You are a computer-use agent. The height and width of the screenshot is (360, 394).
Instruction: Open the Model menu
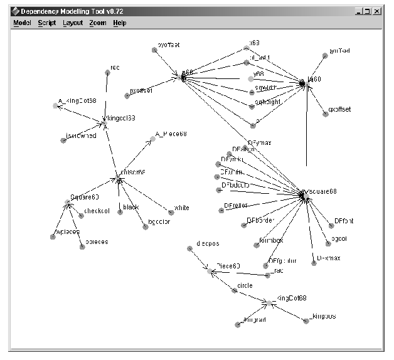pyautogui.click(x=22, y=23)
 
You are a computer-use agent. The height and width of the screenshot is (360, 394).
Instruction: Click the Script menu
pyautogui.click(x=46, y=23)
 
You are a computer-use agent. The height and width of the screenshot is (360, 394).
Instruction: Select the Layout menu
pyautogui.click(x=73, y=23)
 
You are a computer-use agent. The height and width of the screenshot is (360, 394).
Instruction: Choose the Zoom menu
pyautogui.click(x=97, y=23)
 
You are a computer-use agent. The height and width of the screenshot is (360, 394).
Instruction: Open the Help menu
pyautogui.click(x=119, y=23)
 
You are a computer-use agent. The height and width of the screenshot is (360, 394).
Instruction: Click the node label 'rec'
pyautogui.click(x=115, y=67)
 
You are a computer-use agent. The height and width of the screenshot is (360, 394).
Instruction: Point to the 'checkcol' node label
pyautogui.click(x=97, y=211)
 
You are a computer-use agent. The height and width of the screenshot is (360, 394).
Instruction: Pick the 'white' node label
pyautogui.click(x=181, y=208)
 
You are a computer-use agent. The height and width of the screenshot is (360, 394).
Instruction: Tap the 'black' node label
pyautogui.click(x=130, y=208)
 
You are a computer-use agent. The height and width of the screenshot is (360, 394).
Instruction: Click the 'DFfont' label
pyautogui.click(x=344, y=221)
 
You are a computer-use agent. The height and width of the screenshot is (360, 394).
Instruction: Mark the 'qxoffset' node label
pyautogui.click(x=339, y=109)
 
